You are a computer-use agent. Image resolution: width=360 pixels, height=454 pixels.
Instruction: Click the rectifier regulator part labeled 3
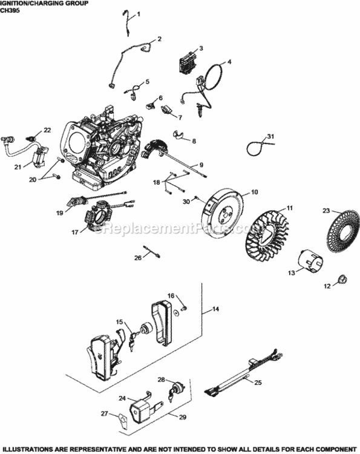point(185,60)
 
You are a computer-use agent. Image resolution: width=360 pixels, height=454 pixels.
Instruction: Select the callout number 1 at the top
point(137,14)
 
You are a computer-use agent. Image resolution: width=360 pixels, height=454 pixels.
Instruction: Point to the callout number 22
point(47,130)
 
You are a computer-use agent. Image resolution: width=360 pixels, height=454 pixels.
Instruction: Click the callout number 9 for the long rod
point(201,164)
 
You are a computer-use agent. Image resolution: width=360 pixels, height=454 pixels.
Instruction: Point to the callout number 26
point(138,257)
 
